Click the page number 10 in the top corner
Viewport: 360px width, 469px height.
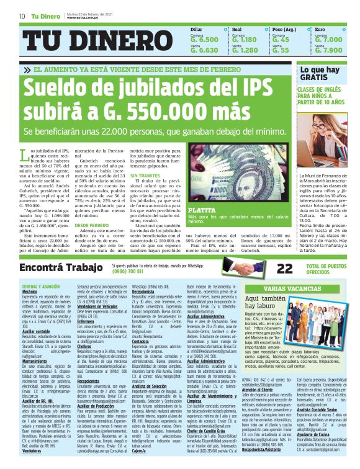22,16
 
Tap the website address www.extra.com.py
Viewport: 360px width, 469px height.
84,18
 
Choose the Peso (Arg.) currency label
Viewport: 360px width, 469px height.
284,29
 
